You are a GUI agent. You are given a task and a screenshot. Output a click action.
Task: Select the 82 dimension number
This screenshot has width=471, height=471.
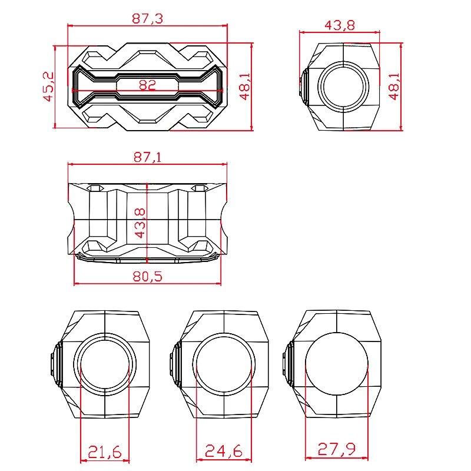coord(147,85)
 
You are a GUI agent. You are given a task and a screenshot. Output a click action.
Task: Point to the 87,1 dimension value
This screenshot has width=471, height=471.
coord(147,157)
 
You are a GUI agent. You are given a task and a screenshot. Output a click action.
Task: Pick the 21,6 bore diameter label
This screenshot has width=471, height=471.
coord(105,452)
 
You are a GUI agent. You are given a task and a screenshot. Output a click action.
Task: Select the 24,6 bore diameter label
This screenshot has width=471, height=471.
coord(224,452)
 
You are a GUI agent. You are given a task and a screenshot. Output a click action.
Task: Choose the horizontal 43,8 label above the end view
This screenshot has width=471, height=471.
coord(339,25)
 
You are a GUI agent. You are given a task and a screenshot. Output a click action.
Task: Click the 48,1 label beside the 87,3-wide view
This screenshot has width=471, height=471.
coord(246,86)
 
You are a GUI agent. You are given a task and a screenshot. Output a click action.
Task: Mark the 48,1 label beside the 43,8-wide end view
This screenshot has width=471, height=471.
coord(393,86)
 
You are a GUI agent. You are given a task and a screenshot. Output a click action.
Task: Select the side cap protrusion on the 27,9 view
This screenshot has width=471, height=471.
coord(287,364)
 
